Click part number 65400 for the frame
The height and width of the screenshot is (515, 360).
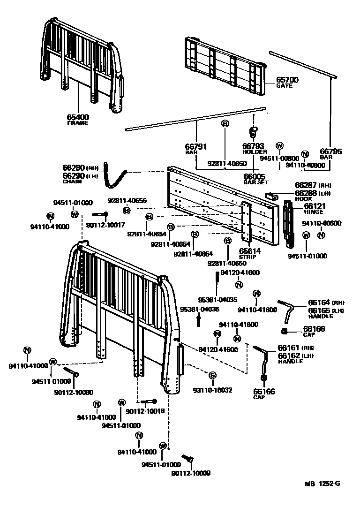78,117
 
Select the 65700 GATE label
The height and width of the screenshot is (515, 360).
287,80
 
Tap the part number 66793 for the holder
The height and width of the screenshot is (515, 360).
254,146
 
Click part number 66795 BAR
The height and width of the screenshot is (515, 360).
331,151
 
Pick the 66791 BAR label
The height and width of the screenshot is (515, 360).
196,147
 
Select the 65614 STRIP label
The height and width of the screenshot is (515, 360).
250,251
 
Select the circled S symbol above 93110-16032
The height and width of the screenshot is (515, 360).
212,375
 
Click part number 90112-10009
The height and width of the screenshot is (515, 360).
191,473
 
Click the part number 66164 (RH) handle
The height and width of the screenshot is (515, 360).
319,303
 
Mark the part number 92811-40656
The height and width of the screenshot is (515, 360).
127,200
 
